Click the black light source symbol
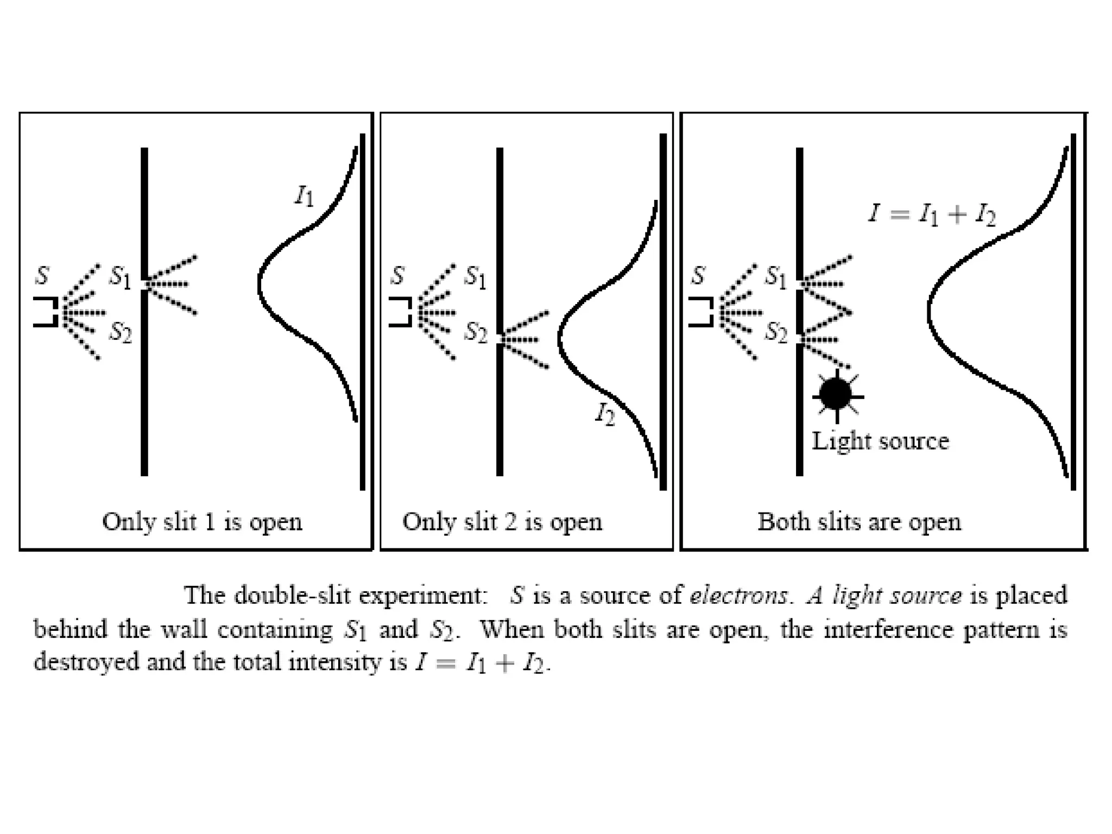836,395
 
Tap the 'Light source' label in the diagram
880,441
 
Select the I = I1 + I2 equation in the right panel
932,214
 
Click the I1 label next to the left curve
304,196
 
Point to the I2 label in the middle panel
605,415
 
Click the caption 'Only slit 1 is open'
202,522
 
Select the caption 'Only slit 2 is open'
502,522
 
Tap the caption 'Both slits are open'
859,522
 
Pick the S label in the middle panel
397,275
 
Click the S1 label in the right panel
776,277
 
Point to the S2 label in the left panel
121,332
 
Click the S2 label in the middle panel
476,332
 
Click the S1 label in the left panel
120,277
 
